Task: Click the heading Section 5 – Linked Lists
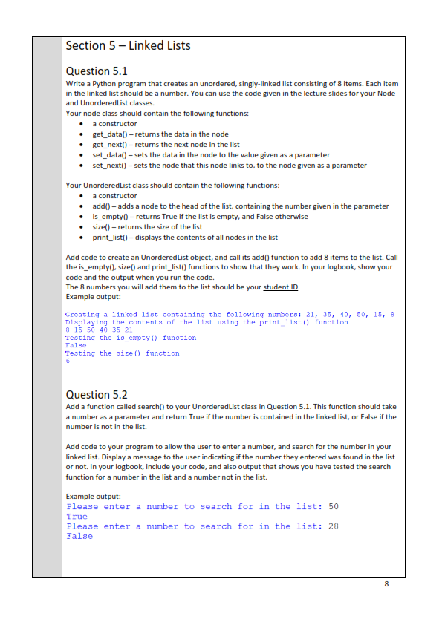coord(128,46)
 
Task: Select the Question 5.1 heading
coord(97,71)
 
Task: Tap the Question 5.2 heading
coord(97,394)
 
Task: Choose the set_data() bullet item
coord(210,154)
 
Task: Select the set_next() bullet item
coord(229,165)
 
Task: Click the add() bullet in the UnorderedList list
coord(239,206)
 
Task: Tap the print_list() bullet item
coord(184,237)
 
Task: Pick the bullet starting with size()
coord(146,226)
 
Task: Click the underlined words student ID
coord(278,287)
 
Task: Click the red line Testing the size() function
coord(123,353)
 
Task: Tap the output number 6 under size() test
coord(68,361)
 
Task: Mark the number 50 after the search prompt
coord(334,506)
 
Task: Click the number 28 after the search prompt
coord(334,526)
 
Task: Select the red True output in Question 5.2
coord(77,516)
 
